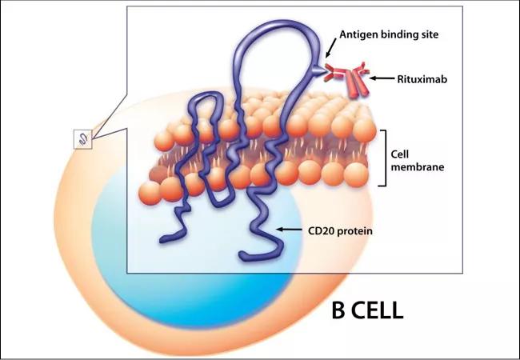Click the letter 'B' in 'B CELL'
point(338,310)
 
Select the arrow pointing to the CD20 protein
point(290,230)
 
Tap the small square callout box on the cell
point(83,139)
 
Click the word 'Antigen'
point(357,34)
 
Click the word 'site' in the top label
point(428,34)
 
